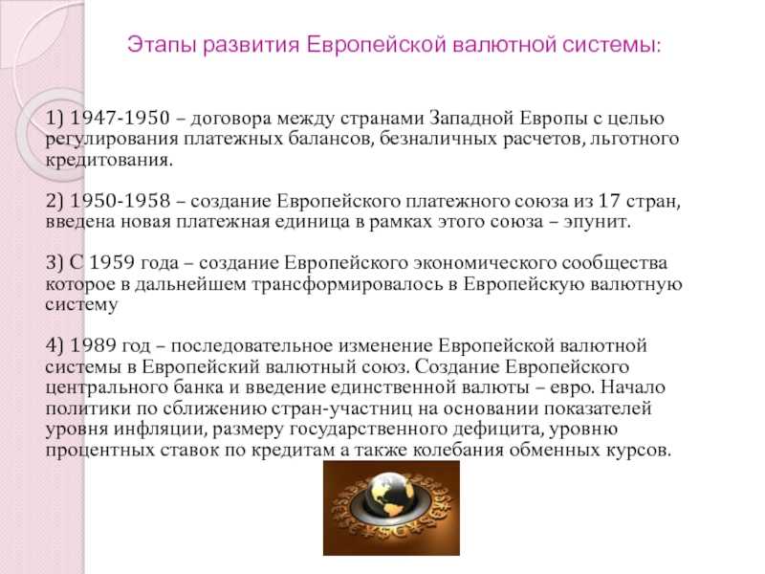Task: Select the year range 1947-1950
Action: coord(120,118)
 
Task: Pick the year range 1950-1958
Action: coord(120,201)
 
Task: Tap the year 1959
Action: coord(111,262)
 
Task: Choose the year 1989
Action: coord(93,345)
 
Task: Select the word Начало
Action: coord(633,387)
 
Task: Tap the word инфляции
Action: coord(160,430)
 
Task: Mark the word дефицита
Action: coord(496,430)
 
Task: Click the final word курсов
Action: coord(639,450)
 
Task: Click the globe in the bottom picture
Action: coord(390,497)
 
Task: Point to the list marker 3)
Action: coord(55,263)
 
